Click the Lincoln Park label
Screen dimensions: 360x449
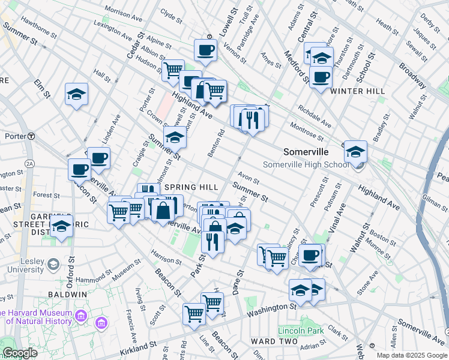(301, 330)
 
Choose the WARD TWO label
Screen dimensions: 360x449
(274, 341)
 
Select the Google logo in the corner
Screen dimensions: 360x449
(20, 353)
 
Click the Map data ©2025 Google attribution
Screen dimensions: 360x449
(411, 355)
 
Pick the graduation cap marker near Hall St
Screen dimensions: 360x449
(77, 95)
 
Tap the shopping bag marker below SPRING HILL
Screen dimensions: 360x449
(163, 210)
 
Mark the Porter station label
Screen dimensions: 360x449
(14, 136)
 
